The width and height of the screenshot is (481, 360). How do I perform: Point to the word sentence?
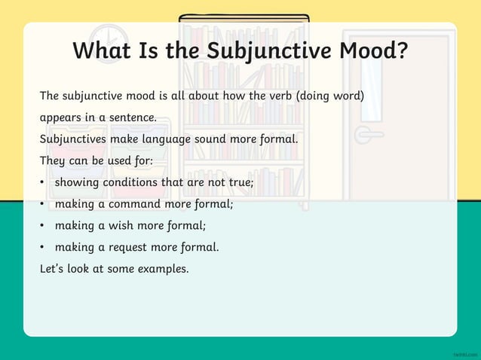[134, 118]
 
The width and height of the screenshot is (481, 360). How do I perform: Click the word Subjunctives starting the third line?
[73, 139]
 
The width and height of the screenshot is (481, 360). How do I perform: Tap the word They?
[53, 161]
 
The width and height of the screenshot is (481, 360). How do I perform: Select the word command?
[134, 203]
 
